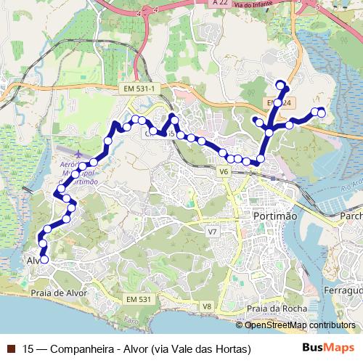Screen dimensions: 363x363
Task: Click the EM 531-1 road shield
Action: (x=140, y=88)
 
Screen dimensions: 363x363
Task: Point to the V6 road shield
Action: (x=223, y=172)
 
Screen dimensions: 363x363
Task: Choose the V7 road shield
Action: (x=212, y=232)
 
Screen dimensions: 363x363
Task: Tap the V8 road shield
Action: (x=208, y=306)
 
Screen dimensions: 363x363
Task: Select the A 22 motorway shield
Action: (x=221, y=4)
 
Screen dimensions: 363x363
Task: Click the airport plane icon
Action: (x=78, y=153)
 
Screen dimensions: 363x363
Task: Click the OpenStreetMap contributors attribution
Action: (x=300, y=325)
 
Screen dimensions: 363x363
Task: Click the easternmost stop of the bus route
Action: (x=322, y=113)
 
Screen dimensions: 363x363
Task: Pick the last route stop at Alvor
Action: (x=44, y=259)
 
